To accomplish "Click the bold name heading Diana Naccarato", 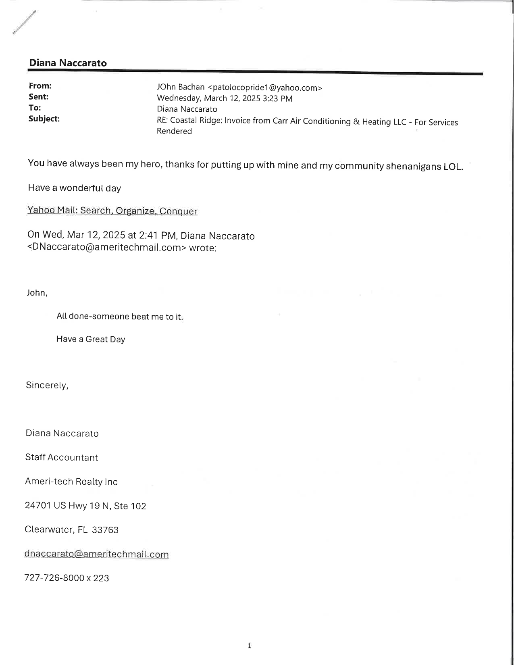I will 68,63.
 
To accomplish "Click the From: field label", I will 40,86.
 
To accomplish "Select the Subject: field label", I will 44,119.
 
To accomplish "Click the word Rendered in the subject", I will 174,131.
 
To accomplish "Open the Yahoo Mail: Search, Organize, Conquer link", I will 112,211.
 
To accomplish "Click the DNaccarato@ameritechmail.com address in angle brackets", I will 106,247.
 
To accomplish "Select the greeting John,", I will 37,293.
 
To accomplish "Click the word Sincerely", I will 47,385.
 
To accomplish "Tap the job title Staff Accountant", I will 62,457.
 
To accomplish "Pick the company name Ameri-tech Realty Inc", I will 71,482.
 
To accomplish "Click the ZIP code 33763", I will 105,530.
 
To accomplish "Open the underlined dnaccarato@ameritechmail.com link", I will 96,554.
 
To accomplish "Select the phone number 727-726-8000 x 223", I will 67,578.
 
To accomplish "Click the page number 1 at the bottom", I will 250,646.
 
